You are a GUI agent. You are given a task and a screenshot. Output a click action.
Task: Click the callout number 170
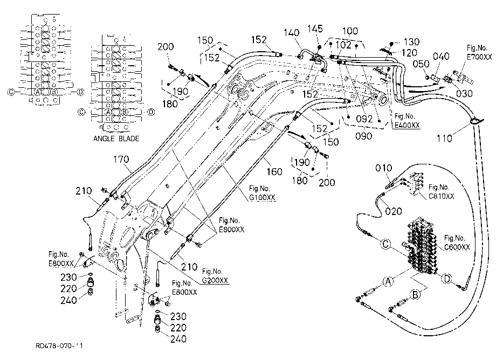click(121, 160)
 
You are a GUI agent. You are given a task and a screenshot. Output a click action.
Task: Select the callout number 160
click(274, 171)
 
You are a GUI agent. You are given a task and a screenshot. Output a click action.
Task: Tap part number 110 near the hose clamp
click(444, 139)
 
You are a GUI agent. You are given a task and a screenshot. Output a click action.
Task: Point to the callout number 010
click(384, 168)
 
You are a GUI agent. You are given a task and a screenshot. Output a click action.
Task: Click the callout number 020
click(394, 211)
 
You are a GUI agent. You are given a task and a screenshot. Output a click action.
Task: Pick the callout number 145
click(315, 29)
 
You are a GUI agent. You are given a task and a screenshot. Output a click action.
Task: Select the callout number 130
click(411, 41)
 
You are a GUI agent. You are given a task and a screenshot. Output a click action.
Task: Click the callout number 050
click(421, 64)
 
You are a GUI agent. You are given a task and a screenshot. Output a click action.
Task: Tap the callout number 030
click(464, 94)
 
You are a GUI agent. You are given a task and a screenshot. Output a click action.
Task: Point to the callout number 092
click(364, 119)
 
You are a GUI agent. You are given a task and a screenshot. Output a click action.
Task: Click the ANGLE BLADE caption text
click(116, 139)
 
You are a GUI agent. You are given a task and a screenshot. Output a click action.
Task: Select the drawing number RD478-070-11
click(59, 346)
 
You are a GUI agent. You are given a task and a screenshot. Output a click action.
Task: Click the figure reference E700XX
click(479, 57)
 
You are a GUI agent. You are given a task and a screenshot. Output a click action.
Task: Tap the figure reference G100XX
click(262, 198)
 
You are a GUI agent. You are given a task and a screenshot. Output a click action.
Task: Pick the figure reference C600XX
click(457, 247)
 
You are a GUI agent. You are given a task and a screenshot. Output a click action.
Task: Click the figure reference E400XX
click(407, 125)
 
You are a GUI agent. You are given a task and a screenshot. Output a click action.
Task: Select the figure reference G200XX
click(215, 280)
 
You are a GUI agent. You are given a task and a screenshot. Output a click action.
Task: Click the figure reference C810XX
click(441, 196)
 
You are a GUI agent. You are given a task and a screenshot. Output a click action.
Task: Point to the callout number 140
click(291, 33)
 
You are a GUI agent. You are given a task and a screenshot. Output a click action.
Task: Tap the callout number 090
click(364, 136)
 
